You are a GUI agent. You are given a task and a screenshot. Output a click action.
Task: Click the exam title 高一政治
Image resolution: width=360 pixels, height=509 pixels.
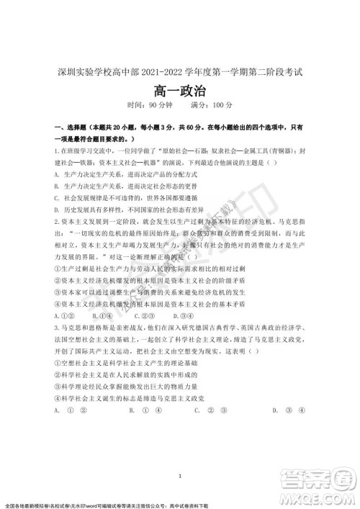pyautogui.click(x=179, y=91)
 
